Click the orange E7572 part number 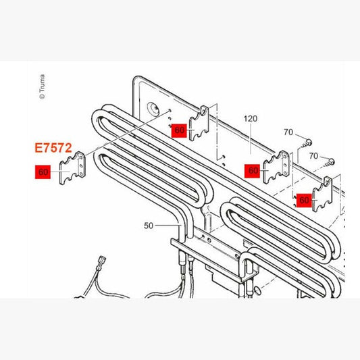[53, 148]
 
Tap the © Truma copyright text [42, 86]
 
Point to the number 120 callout [251, 119]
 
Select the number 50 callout [149, 226]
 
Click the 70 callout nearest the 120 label [288, 132]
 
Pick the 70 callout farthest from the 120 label [313, 156]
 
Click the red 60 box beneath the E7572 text [43, 172]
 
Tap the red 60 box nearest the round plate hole [179, 130]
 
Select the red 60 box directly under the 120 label [252, 171]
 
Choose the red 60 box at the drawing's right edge [304, 200]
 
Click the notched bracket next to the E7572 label [72, 168]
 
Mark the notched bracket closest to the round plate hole [199, 124]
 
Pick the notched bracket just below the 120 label [276, 167]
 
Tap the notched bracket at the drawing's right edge [323, 195]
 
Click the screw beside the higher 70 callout [306, 143]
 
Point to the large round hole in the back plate [153, 108]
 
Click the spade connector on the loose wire [101, 263]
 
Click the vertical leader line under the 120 [251, 139]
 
